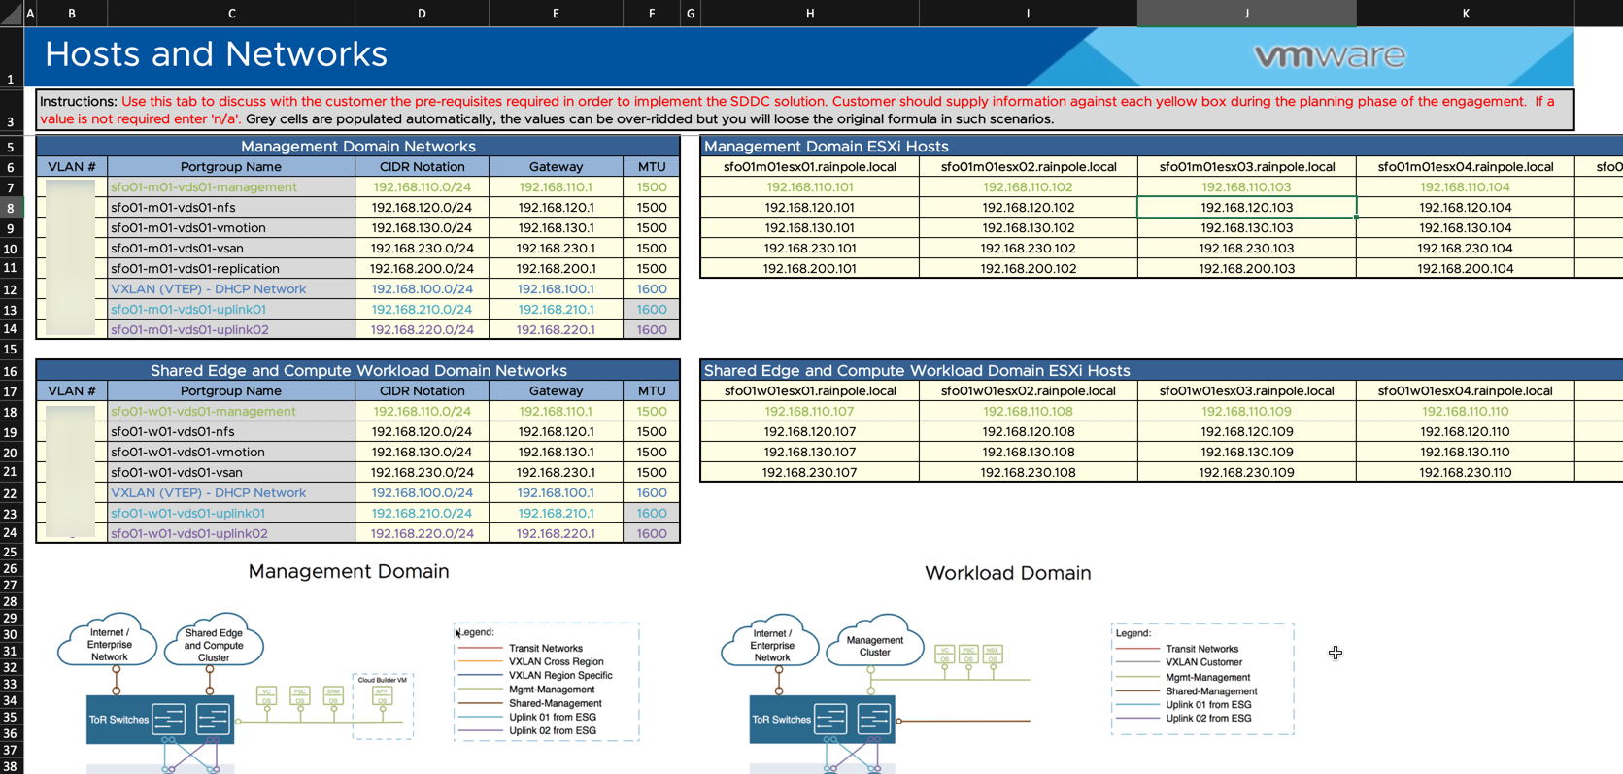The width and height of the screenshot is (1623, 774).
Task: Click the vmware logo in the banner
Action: (1329, 56)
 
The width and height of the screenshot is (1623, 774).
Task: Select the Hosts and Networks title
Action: (216, 54)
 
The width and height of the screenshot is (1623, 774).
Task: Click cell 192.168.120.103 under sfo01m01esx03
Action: (1246, 207)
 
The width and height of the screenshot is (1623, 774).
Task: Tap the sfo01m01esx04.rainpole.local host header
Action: (1465, 167)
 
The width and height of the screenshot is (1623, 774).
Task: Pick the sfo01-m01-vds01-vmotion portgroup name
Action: (187, 228)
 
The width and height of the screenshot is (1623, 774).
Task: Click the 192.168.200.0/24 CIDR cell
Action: (422, 269)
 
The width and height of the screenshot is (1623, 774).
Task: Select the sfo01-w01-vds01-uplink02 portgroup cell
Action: (188, 533)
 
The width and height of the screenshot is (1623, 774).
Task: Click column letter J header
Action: (1246, 14)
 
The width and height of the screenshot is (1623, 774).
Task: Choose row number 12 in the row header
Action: (11, 289)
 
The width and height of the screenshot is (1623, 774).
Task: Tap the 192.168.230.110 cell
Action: (1465, 473)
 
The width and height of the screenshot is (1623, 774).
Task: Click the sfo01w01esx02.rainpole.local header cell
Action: (1028, 391)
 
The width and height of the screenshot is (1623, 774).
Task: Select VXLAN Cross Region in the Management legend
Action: (556, 661)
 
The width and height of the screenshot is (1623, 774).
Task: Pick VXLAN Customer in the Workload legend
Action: (1203, 662)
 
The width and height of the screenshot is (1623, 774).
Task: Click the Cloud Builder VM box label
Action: (382, 680)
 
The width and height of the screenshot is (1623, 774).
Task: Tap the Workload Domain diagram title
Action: (1007, 573)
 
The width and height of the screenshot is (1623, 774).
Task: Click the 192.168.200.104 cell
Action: (1465, 269)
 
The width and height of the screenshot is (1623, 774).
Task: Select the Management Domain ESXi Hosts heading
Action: (826, 147)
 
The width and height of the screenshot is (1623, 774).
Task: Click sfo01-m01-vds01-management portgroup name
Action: (204, 187)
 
